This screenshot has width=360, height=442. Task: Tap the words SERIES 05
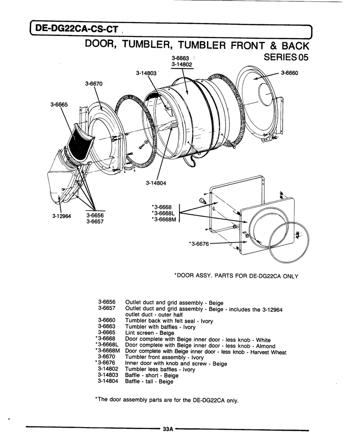click(x=286, y=57)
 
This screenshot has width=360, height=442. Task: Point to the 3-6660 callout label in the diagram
click(x=289, y=73)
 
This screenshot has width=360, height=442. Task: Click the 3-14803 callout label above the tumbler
click(x=146, y=73)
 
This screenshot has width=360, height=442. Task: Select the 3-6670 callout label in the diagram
click(x=94, y=83)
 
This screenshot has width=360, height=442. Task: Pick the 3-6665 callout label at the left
click(x=59, y=104)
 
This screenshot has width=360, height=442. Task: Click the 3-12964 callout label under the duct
click(x=62, y=216)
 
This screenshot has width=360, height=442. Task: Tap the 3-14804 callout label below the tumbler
click(x=156, y=183)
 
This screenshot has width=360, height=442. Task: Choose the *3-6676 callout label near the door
click(x=199, y=244)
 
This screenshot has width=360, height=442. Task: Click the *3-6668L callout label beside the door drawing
click(x=163, y=213)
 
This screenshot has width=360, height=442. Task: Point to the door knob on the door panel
click(x=202, y=200)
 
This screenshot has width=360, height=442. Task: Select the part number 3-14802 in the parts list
click(x=108, y=369)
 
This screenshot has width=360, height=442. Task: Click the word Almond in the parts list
click(x=265, y=346)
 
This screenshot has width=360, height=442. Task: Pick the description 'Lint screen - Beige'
click(x=150, y=333)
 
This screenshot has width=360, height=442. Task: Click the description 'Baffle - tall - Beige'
click(x=149, y=381)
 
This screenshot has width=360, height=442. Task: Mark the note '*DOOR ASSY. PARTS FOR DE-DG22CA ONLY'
click(x=236, y=276)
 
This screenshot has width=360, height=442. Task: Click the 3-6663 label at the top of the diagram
click(x=180, y=59)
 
